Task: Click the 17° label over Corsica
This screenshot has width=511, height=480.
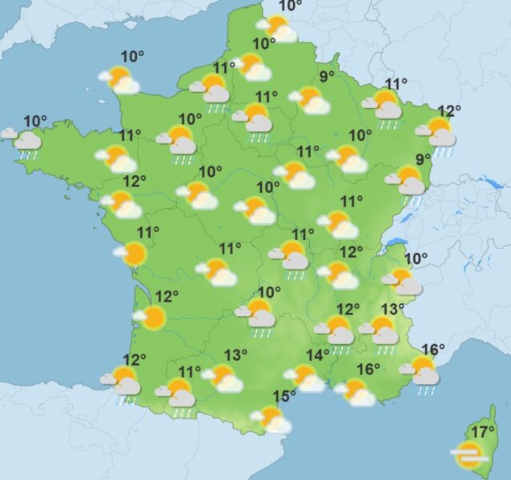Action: coord(482,432)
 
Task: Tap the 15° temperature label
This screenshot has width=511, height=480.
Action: coord(284,395)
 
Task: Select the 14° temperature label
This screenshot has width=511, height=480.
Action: coord(318,354)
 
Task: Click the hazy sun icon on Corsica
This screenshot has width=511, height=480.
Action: coord(469,456)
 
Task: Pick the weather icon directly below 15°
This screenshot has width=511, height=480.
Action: coord(272,418)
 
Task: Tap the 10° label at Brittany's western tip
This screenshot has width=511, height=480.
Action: coord(35,122)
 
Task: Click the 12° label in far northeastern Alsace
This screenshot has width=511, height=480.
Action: coord(449,111)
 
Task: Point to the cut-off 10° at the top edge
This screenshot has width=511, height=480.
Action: coord(291,6)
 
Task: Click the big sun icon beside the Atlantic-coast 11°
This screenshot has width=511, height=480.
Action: coord(134,254)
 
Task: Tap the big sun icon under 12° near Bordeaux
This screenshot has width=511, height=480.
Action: coord(152,318)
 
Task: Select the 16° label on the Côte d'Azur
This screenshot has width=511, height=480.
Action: coord(433,349)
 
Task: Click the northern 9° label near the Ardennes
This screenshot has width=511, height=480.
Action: coord(327,77)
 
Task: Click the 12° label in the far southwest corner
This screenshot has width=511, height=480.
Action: coord(135,359)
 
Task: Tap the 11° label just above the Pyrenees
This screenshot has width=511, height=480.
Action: coord(190,371)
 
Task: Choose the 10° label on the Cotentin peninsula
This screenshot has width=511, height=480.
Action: coord(133,56)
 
